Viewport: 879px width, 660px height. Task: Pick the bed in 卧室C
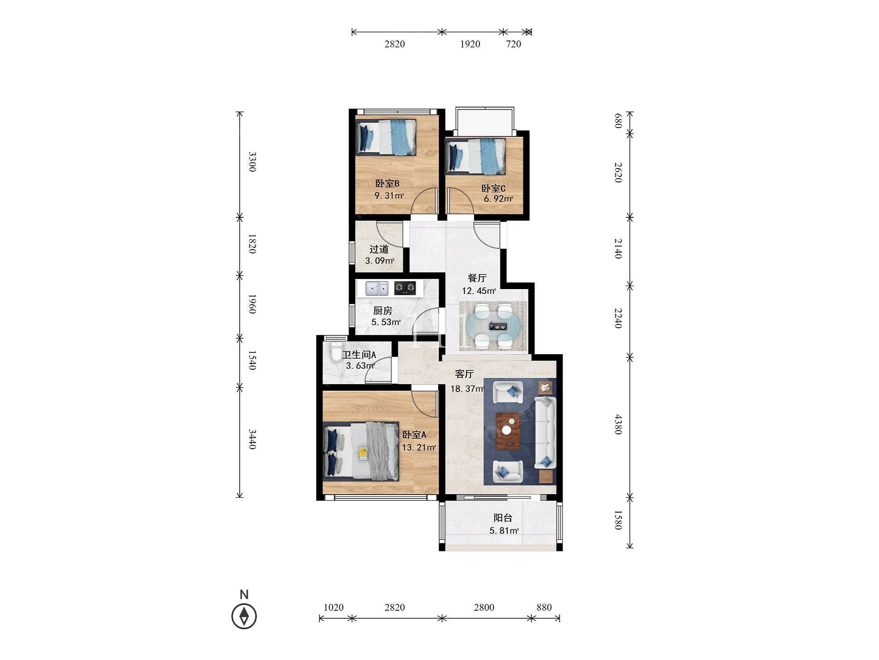[476, 156]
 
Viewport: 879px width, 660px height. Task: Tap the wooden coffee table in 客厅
[509, 432]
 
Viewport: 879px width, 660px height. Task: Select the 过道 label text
[379, 249]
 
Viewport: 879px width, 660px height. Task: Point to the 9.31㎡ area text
[389, 195]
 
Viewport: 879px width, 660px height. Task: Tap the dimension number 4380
[618, 424]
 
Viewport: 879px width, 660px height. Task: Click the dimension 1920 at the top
[470, 44]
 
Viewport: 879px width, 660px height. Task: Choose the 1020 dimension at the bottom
[333, 608]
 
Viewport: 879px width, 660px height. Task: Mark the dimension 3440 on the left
[252, 439]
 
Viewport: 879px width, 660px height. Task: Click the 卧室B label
[387, 183]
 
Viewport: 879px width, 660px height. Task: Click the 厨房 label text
[382, 311]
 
